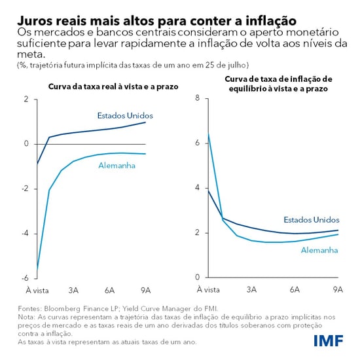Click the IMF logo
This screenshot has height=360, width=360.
point(333,340)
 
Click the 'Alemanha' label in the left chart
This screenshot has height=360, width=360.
point(117,166)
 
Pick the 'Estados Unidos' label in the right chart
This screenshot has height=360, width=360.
point(312,219)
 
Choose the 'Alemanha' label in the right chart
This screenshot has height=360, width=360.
point(319,249)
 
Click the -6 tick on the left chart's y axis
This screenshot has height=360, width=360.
point(26,278)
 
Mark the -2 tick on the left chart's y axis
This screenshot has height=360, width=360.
point(26,189)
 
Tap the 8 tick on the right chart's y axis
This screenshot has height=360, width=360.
point(196,99)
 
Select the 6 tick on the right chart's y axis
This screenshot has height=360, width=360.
point(196,143)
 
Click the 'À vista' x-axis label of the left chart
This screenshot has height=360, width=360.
point(37,289)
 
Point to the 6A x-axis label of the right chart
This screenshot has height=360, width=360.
point(295,289)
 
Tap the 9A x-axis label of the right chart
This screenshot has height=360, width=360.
point(338,289)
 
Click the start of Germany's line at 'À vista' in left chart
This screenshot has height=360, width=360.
point(37,269)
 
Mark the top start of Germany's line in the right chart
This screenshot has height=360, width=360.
point(208,134)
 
